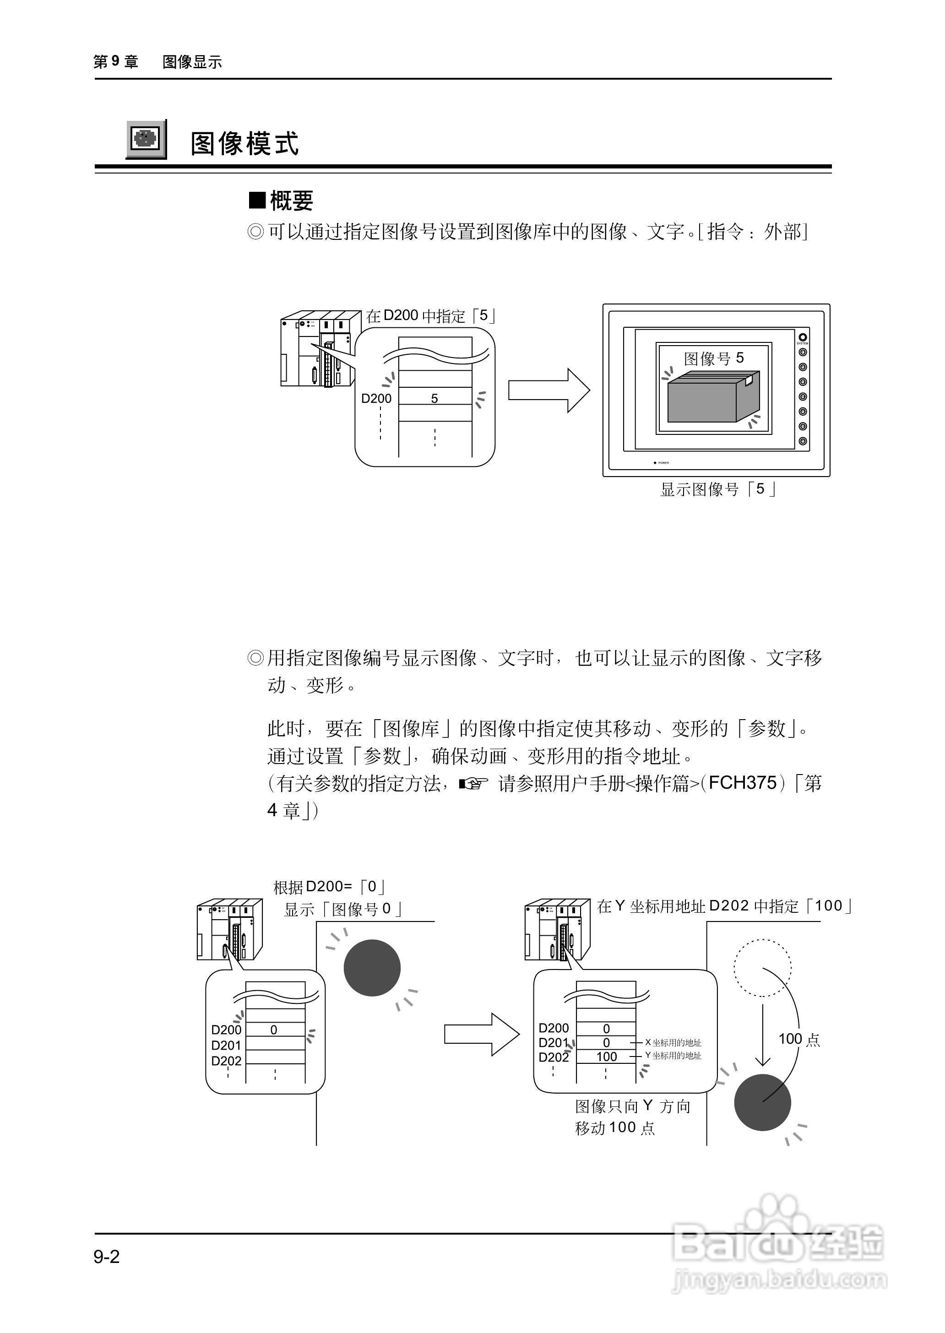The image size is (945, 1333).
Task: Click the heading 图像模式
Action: tap(244, 143)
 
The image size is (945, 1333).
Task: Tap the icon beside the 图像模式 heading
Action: tap(146, 139)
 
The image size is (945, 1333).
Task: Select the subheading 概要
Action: tap(282, 201)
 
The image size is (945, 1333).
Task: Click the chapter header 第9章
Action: tap(116, 62)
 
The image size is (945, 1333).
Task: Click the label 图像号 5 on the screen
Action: tap(713, 358)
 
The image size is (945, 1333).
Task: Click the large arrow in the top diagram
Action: tap(548, 390)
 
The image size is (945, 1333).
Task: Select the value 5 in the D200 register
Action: tap(434, 399)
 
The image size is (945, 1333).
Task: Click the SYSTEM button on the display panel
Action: tap(803, 337)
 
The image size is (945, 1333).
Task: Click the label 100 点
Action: tap(799, 1039)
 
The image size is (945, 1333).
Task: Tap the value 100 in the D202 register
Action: tap(606, 1057)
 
